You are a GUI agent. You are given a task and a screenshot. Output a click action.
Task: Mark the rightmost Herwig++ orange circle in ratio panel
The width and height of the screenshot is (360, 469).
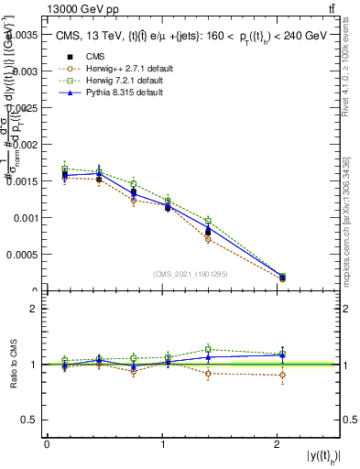pos(281,375)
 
